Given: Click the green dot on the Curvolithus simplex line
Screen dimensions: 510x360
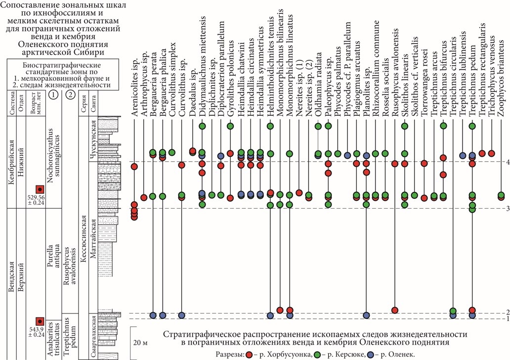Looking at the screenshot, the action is pyautogui.click(x=172, y=152).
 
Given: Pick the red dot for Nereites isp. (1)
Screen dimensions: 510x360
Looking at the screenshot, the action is pyautogui.click(x=299, y=193).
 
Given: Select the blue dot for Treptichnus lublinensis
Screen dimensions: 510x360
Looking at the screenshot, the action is pyautogui.click(x=463, y=155).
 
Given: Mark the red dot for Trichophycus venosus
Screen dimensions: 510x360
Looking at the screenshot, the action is pyautogui.click(x=492, y=153).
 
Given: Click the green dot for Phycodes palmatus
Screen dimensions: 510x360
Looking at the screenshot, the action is pyautogui.click(x=338, y=154).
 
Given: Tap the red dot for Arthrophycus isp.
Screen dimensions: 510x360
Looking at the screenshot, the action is pyautogui.click(x=144, y=198).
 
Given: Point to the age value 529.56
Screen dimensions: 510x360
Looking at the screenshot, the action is pyautogui.click(x=37, y=197).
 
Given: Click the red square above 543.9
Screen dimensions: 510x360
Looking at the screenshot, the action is pyautogui.click(x=40, y=321).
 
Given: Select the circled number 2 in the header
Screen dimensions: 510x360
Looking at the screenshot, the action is pyautogui.click(x=70, y=95).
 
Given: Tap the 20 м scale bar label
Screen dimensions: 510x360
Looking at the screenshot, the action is pyautogui.click(x=140, y=343).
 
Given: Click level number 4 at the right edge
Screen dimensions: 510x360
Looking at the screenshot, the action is pyautogui.click(x=508, y=162).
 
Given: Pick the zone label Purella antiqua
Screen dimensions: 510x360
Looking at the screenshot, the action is pyautogui.click(x=53, y=258).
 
